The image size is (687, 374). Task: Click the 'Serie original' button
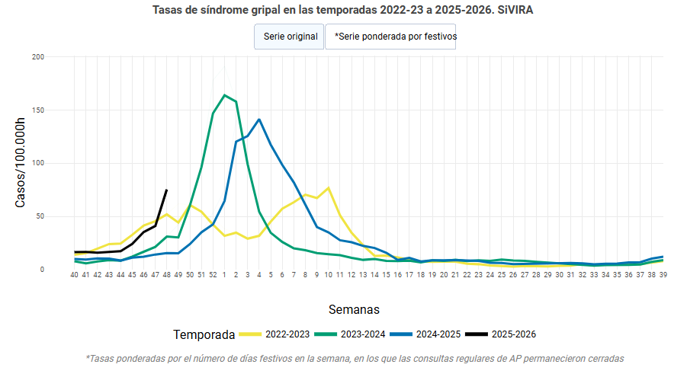290,37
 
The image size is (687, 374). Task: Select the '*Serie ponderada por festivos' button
390,37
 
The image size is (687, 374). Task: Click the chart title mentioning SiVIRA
343,11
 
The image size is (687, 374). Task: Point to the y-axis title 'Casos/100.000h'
21,163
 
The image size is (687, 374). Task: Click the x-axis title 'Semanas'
354,309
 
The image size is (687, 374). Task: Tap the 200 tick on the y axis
38,57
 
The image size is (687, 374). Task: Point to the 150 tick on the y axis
38,110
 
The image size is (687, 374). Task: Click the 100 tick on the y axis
38,163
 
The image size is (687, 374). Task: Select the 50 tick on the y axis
40,216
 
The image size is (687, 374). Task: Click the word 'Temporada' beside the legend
204,334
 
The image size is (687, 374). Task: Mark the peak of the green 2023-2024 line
224,95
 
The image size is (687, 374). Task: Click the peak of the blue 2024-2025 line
259,120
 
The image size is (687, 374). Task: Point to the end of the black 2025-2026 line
166,190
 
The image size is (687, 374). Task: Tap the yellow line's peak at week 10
329,188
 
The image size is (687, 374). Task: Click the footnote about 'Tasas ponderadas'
355,358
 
